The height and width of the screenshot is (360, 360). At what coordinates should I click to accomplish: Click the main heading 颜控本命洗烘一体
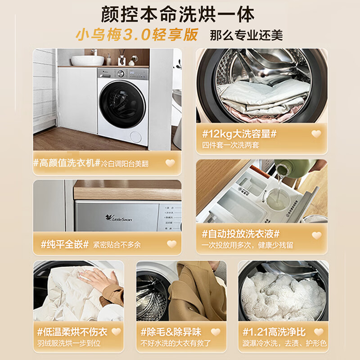(180, 14)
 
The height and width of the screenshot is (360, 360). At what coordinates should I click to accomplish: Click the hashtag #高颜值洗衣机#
(66, 163)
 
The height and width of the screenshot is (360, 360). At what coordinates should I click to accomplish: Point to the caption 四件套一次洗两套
(231, 145)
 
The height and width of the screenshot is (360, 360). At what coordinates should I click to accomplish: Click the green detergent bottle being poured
(296, 169)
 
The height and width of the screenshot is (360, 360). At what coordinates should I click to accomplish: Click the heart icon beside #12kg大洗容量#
(316, 134)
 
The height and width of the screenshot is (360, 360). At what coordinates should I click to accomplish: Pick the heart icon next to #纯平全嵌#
(171, 244)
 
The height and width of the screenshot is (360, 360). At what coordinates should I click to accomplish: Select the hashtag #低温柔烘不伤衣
(72, 332)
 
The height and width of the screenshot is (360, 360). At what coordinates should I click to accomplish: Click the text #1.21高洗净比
(274, 332)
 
